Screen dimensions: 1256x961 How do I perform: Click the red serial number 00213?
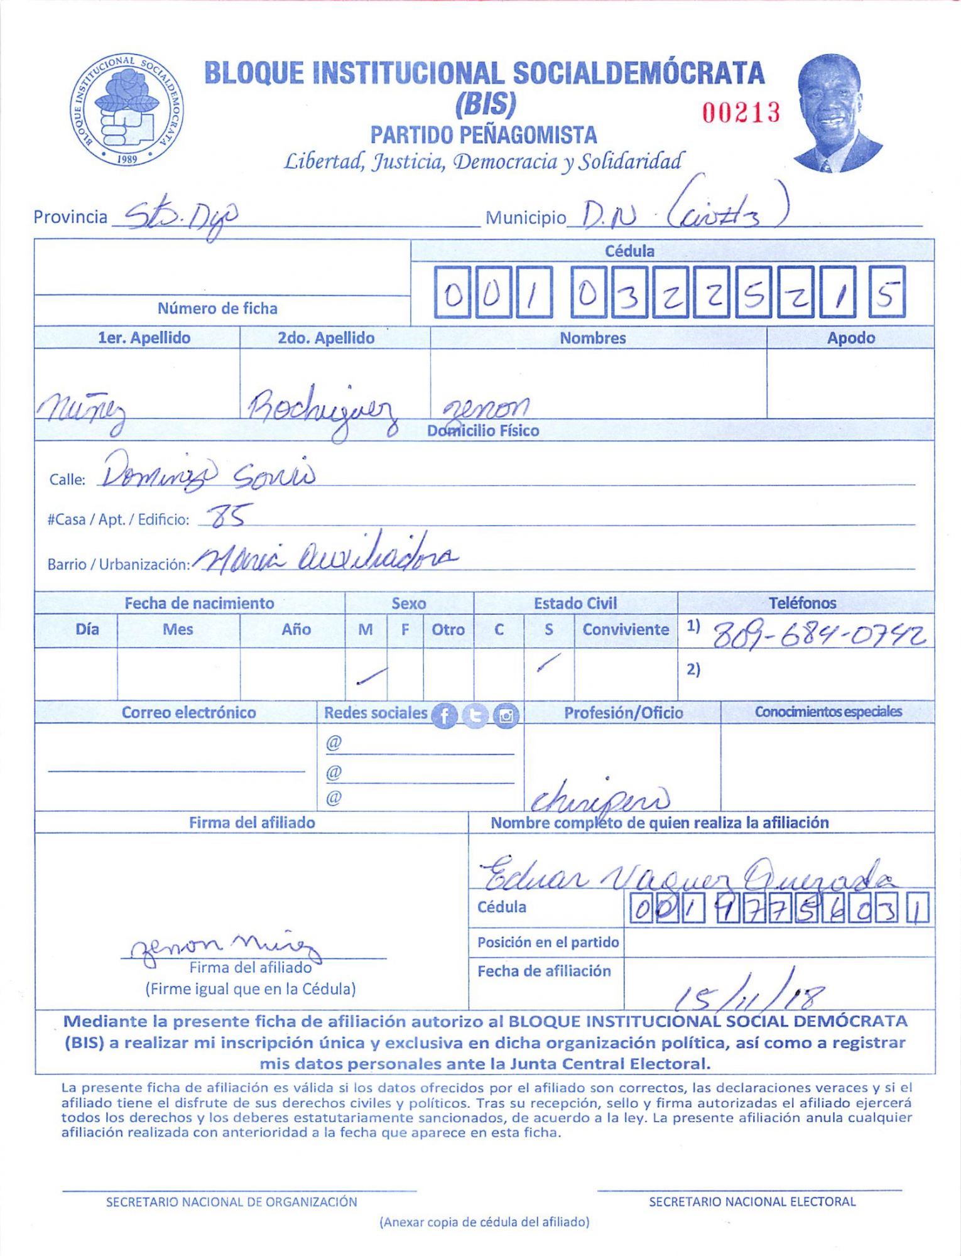coord(741,113)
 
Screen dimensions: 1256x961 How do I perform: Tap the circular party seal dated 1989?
coord(127,109)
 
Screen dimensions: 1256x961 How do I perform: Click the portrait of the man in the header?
coord(835,113)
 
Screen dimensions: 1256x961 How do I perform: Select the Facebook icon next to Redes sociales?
coord(445,716)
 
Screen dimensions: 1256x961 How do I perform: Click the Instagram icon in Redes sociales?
coord(506,716)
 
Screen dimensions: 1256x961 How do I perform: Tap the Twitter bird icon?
coord(475,716)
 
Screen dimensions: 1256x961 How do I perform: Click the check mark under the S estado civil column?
coord(548,663)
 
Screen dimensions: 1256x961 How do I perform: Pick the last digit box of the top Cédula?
coord(887,293)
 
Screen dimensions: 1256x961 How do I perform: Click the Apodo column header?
coord(850,338)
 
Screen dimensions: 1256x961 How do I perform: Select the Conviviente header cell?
coord(626,629)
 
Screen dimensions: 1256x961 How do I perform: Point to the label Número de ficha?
coord(217,308)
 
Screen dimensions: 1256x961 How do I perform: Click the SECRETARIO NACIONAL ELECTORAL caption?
coord(752,1201)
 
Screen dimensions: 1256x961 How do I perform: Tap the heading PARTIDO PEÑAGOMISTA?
coord(483,135)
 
